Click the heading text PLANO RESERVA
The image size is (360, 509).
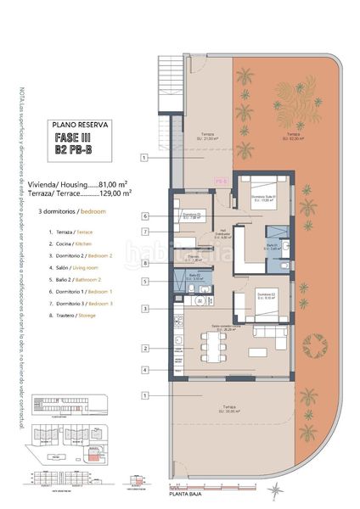(x=82, y=124)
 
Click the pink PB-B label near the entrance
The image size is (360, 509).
(x=220, y=181)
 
